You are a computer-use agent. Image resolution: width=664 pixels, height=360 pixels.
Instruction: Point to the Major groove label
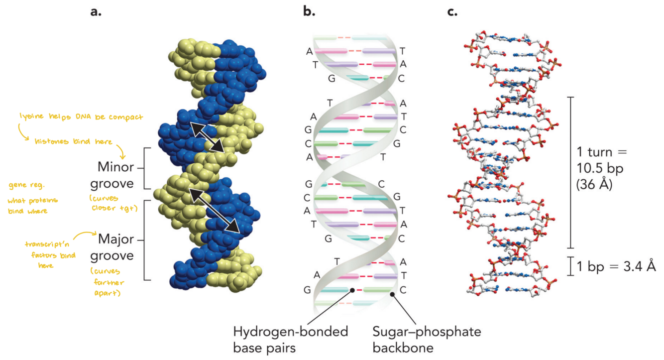pyautogui.click(x=116, y=247)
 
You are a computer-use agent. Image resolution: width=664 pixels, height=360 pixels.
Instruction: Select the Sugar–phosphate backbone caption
pyautogui.click(x=427, y=339)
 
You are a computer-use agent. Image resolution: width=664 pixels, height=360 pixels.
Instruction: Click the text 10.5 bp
pyautogui.click(x=600, y=168)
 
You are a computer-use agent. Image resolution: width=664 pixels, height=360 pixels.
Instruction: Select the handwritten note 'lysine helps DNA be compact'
pyautogui.click(x=81, y=118)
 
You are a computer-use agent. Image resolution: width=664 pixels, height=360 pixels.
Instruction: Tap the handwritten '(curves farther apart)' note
pyautogui.click(x=108, y=282)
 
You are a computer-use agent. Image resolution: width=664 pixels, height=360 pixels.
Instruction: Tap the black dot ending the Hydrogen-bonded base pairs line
pyautogui.click(x=352, y=289)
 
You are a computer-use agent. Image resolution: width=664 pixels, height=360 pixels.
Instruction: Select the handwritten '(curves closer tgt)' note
pyautogui.click(x=110, y=203)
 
